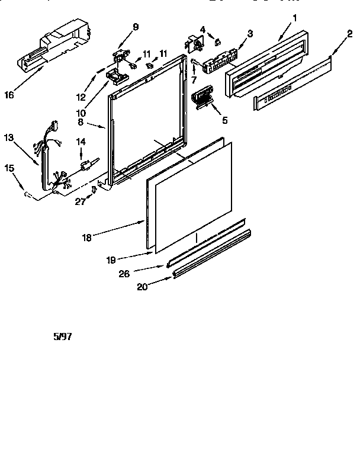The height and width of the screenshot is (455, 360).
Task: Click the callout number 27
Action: coord(80,203)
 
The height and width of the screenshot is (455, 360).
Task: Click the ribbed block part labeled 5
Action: coord(202,97)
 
